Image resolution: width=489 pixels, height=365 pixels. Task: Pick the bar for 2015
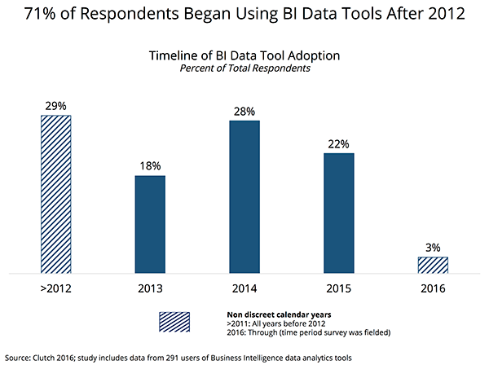coord(339,213)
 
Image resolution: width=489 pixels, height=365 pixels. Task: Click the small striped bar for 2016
coord(433,265)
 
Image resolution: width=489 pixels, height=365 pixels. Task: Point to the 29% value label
coord(55,106)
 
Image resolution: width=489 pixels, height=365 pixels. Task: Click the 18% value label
coord(150,166)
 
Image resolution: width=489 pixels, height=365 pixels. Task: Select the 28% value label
coord(244,111)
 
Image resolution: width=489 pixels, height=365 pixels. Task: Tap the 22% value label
coord(339,143)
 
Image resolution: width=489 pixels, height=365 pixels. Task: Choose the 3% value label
coord(433,247)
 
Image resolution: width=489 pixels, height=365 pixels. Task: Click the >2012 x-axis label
coord(55,287)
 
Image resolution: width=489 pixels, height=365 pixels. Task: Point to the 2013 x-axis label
coord(150,287)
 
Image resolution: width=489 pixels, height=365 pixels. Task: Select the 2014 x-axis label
coord(244,287)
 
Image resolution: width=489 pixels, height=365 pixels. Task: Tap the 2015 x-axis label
coord(339,287)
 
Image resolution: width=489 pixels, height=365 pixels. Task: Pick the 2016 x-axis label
coord(433,287)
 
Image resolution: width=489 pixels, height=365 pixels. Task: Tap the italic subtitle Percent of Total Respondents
coord(244,68)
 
